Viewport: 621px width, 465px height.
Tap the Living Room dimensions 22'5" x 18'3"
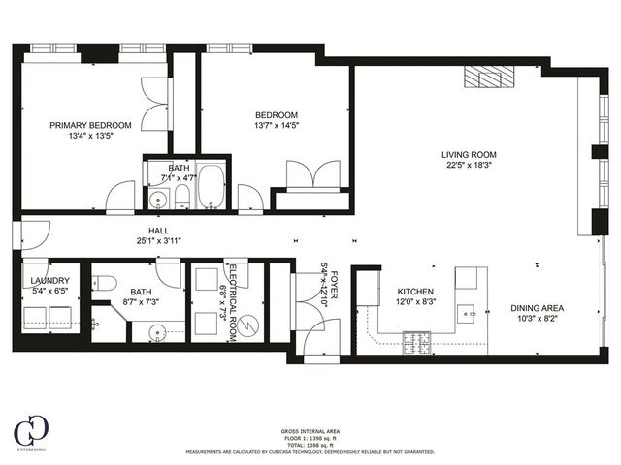tap(469, 165)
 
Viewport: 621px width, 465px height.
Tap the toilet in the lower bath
tap(107, 283)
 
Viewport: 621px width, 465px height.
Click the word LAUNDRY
tap(46, 280)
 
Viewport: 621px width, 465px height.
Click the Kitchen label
tap(415, 292)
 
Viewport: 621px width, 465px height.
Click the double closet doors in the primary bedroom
tap(156, 106)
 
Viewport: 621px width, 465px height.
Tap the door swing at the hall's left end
tap(34, 233)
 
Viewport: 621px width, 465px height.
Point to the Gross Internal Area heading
tap(310, 431)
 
